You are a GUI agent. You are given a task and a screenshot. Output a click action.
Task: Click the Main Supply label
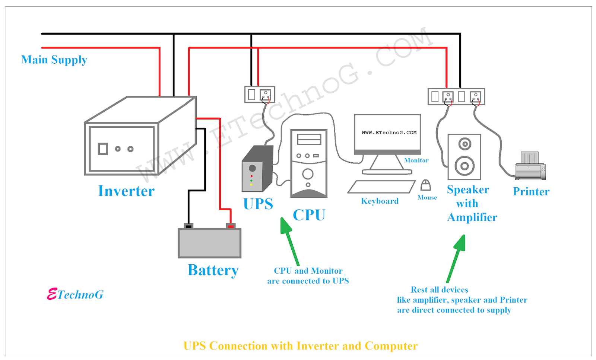coord(54,60)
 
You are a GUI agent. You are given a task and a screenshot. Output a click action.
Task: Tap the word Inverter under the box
coord(126,191)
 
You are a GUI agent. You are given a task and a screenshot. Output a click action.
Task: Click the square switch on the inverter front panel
coord(103,149)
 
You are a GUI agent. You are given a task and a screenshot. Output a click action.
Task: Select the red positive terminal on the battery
coord(231,226)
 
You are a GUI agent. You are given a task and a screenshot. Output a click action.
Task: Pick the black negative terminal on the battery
coord(188,226)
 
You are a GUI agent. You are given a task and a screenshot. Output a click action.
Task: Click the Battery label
coord(213,270)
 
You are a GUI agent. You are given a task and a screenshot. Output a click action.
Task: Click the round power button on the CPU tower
coord(308,174)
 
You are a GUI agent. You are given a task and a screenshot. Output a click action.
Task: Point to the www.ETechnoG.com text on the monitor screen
coord(389,133)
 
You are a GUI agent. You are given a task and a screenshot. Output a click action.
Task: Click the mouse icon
coord(426,185)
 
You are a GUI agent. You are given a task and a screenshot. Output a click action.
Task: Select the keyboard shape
coord(381,187)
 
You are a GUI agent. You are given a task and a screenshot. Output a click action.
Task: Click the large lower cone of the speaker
coord(465,166)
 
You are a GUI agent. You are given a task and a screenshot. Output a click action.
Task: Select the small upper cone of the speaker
coord(465,144)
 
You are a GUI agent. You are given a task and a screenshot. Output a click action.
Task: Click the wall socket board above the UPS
coord(260,95)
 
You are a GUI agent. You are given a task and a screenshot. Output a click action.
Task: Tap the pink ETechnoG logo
coord(76,294)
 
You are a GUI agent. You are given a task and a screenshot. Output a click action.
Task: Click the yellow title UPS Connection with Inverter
coord(300,346)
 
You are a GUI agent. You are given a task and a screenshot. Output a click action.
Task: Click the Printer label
coord(531,191)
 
